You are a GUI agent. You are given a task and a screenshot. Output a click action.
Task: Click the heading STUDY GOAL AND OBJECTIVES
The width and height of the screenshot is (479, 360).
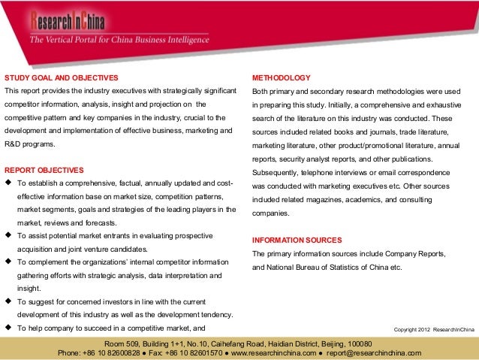pyautogui.click(x=62, y=78)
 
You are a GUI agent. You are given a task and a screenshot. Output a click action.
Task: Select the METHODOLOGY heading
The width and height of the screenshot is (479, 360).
pyautogui.click(x=282, y=78)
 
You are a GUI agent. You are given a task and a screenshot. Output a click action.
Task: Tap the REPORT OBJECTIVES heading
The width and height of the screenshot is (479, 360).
pyautogui.click(x=44, y=170)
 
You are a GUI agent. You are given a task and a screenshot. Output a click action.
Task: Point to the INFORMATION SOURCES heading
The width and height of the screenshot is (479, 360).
pyautogui.click(x=297, y=240)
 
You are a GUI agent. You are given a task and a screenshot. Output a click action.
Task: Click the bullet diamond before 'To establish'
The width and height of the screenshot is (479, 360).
pyautogui.click(x=8, y=183)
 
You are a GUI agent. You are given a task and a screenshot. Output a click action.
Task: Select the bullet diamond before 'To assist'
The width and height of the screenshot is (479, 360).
pyautogui.click(x=8, y=235)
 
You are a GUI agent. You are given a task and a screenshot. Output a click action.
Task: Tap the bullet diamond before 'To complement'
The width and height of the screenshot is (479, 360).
pyautogui.click(x=8, y=262)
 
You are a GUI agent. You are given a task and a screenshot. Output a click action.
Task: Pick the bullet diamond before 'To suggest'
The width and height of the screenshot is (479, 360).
pyautogui.click(x=8, y=301)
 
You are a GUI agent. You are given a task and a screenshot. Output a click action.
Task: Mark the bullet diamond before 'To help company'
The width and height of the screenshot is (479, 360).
pyautogui.click(x=8, y=328)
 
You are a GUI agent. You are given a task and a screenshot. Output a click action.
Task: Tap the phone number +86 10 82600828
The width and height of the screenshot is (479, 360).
pyautogui.click(x=111, y=352)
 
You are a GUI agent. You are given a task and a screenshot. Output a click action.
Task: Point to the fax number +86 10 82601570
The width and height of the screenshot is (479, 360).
pyautogui.click(x=187, y=352)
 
